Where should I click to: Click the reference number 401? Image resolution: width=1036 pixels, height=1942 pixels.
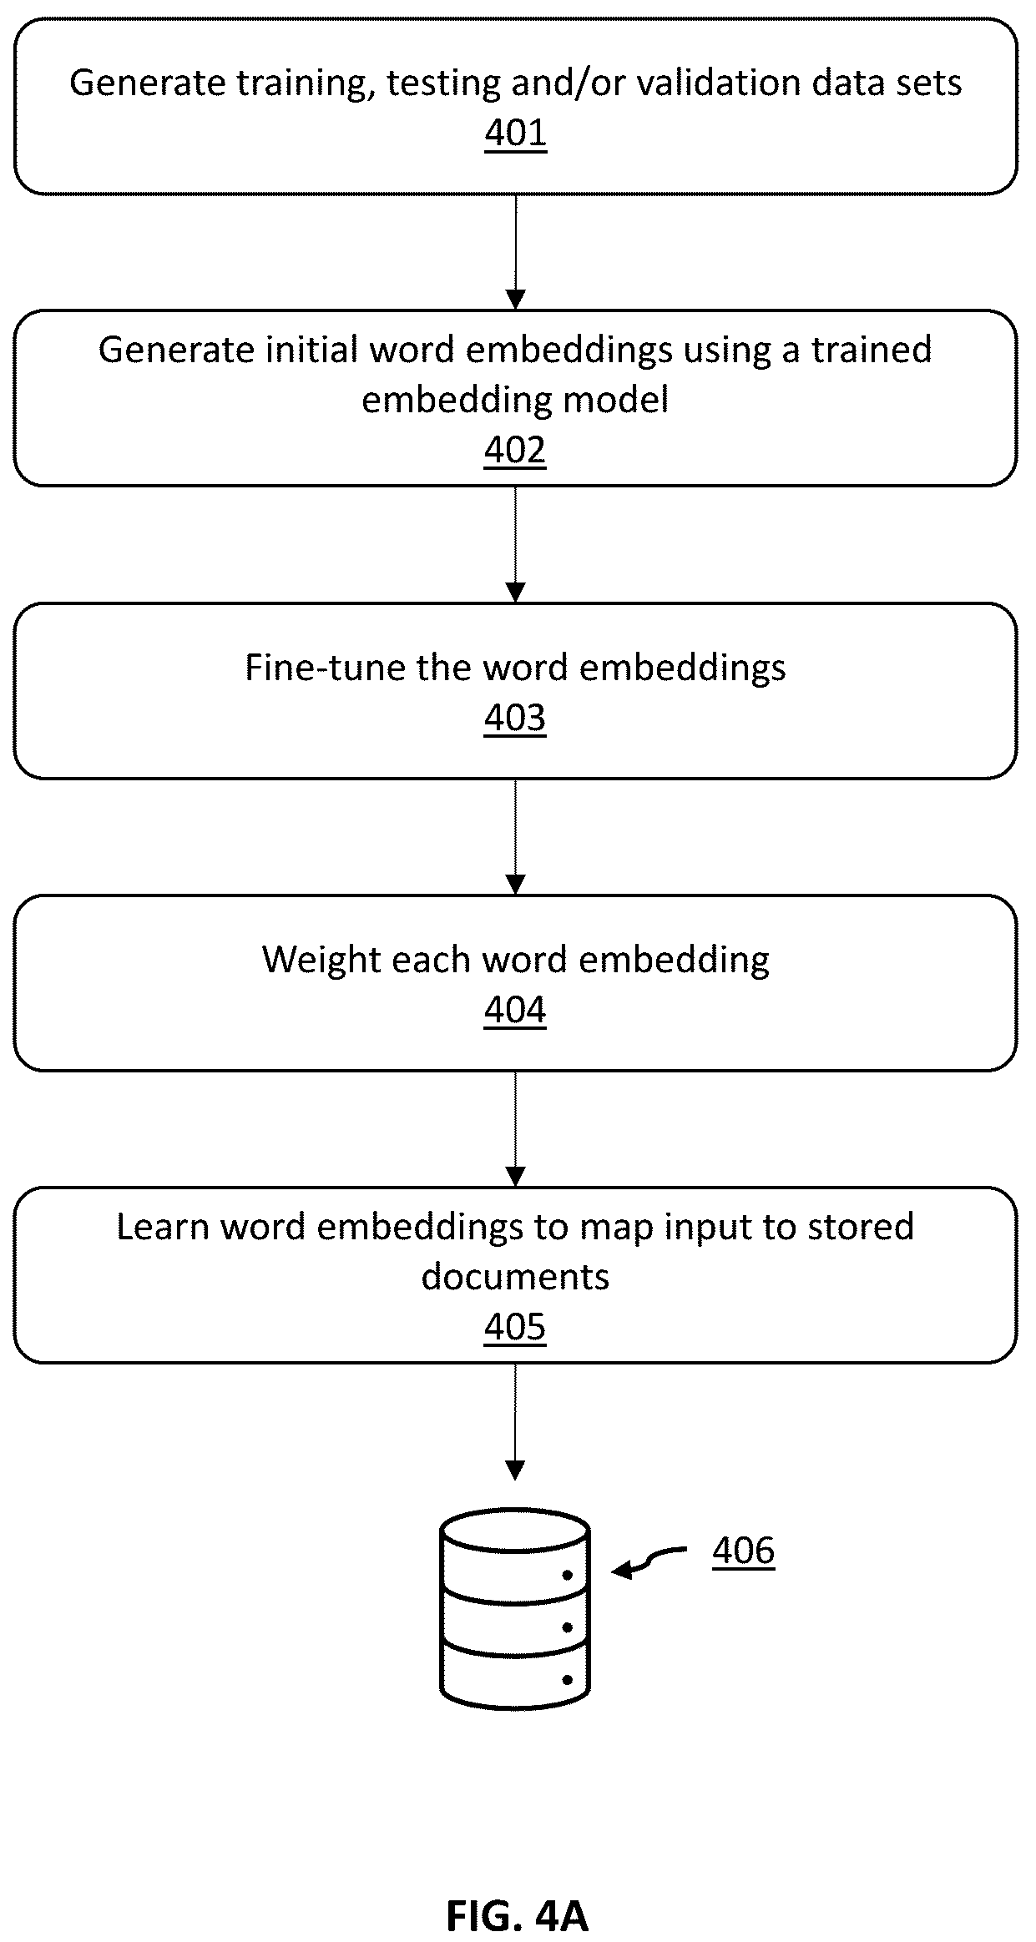pyautogui.click(x=516, y=134)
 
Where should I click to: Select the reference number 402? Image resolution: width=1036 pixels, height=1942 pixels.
pyautogui.click(x=515, y=451)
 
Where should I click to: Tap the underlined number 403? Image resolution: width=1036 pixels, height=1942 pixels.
pyautogui.click(x=515, y=718)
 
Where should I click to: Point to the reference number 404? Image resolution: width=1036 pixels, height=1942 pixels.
pyautogui.click(x=515, y=1010)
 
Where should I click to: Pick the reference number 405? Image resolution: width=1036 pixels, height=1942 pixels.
pyautogui.click(x=515, y=1327)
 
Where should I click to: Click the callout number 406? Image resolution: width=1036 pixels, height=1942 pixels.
pyautogui.click(x=744, y=1551)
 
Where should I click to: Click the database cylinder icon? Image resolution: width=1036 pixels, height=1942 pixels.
pyautogui.click(x=515, y=1608)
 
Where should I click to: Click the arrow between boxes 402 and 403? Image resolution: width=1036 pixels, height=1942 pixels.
pyautogui.click(x=516, y=545)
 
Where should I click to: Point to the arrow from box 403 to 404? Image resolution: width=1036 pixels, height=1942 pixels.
pyautogui.click(x=516, y=837)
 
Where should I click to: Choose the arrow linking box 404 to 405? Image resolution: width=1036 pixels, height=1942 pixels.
pyautogui.click(x=516, y=1129)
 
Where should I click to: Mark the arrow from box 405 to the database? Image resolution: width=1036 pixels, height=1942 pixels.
pyautogui.click(x=516, y=1422)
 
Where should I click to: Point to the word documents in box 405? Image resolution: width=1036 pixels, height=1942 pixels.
pyautogui.click(x=515, y=1277)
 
